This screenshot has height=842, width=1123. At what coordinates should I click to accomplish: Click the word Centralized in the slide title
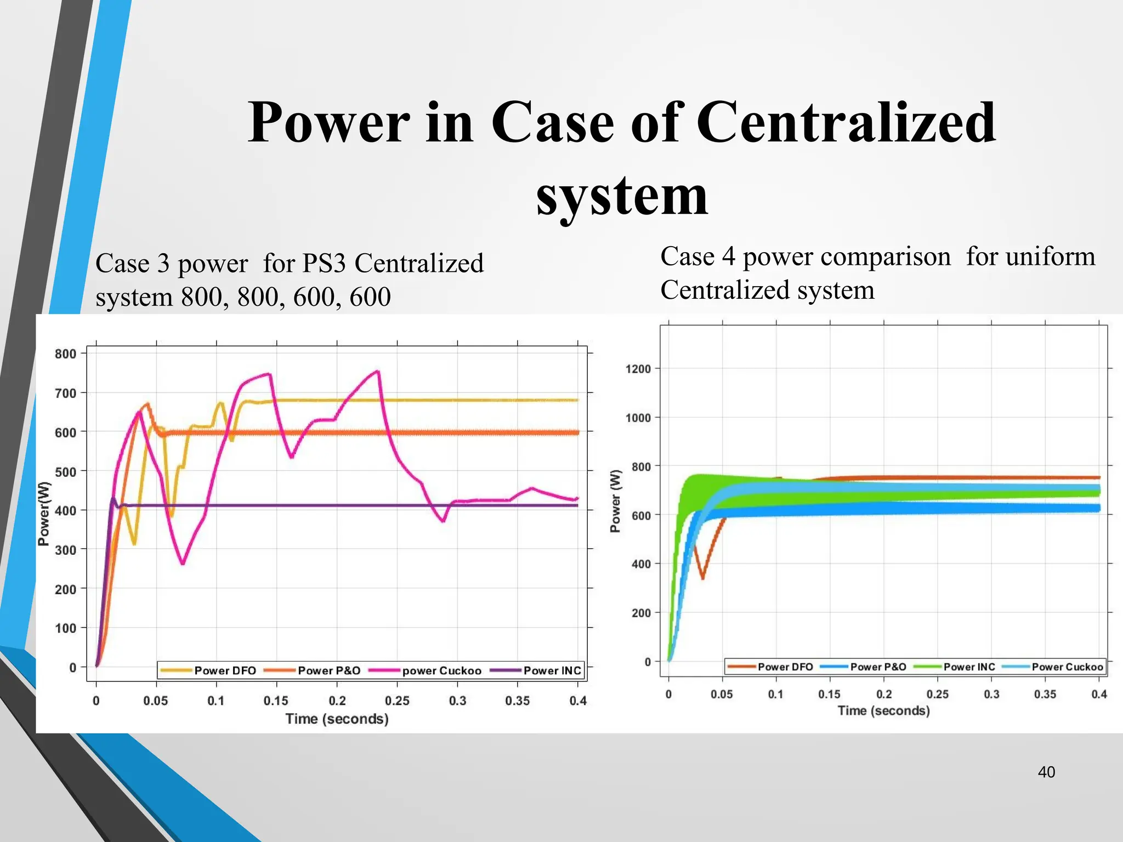[x=846, y=123]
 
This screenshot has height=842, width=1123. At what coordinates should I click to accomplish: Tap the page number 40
[x=1046, y=772]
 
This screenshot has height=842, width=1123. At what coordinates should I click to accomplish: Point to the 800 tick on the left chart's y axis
[x=65, y=354]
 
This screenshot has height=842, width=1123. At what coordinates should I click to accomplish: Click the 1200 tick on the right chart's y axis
[x=638, y=369]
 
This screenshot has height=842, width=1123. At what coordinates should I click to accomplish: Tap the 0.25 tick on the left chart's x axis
[x=397, y=701]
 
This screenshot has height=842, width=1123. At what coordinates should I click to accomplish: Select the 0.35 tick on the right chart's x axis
[x=1045, y=694]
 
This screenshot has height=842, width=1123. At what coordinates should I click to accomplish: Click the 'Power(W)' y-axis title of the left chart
[x=44, y=514]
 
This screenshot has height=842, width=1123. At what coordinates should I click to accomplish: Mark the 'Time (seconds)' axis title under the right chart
[x=883, y=710]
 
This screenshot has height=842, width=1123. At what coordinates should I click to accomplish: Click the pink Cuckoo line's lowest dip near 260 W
[x=183, y=564]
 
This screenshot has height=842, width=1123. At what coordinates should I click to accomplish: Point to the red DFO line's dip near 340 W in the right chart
[x=703, y=578]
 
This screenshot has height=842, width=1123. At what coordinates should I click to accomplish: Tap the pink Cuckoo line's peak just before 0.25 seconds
[x=378, y=372]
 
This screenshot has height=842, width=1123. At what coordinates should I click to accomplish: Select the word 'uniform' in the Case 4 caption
[x=1030, y=257]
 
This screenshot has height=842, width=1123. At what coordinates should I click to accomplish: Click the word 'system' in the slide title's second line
[x=622, y=196]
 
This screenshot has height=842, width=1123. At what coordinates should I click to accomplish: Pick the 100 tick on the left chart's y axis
[x=65, y=628]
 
